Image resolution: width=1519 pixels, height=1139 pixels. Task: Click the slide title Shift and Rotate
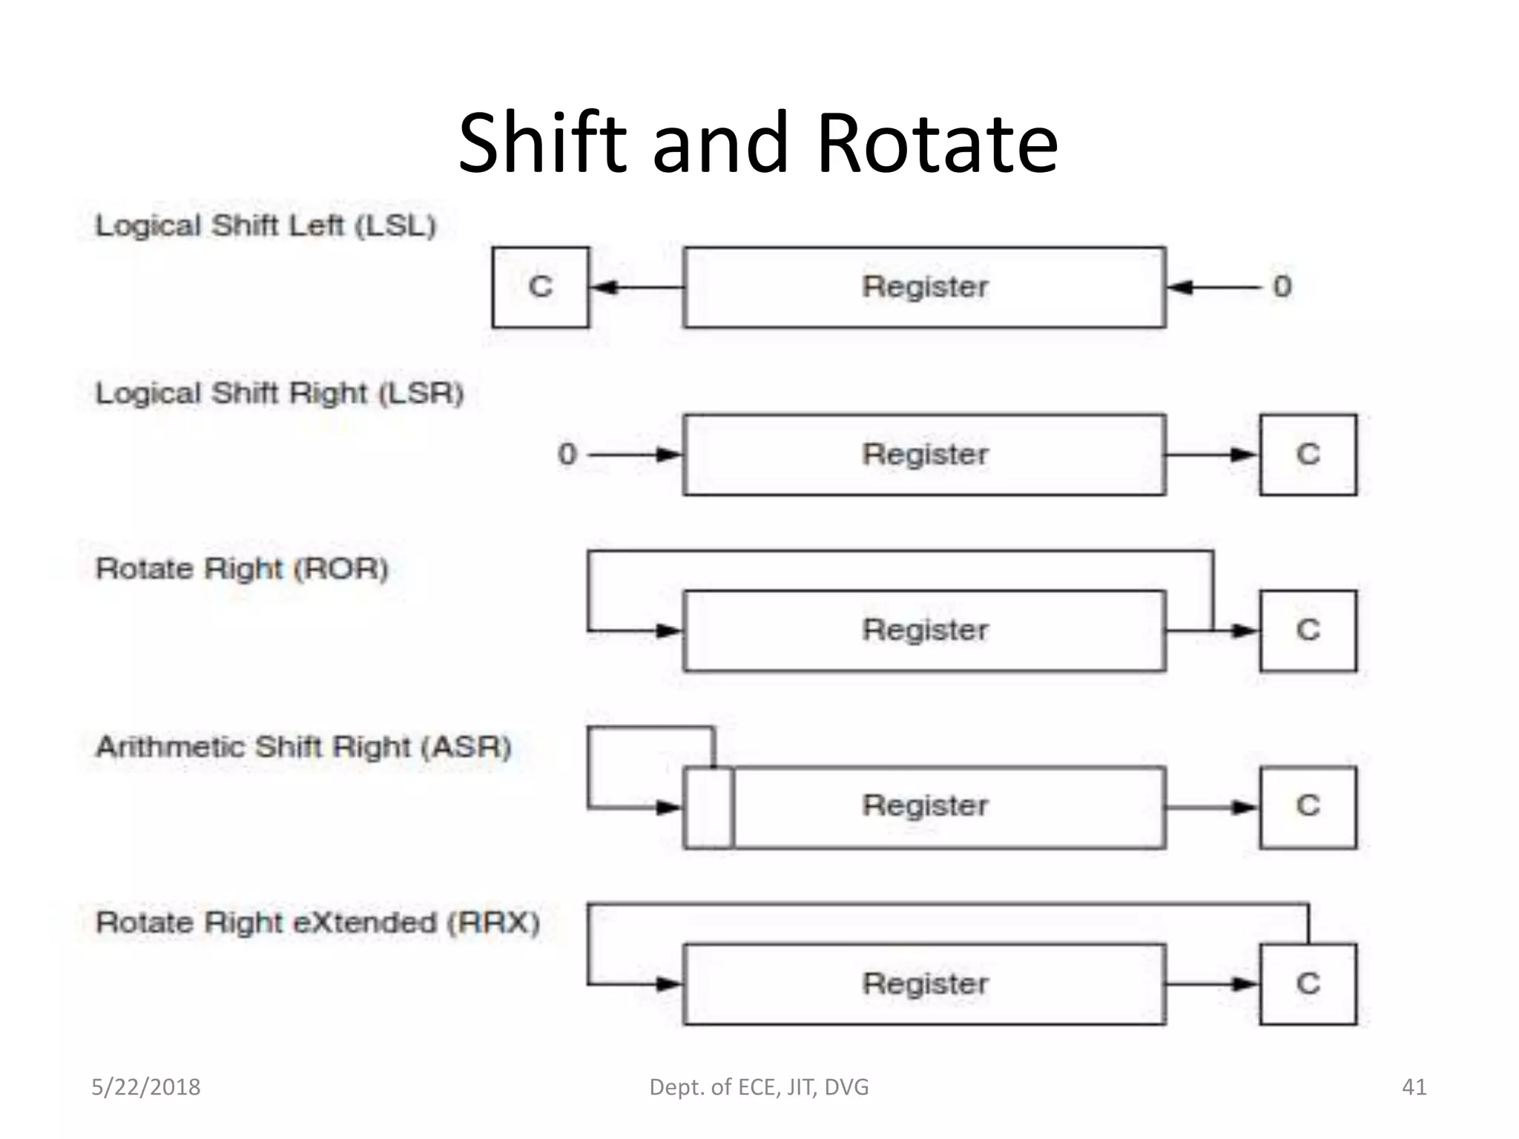point(758,142)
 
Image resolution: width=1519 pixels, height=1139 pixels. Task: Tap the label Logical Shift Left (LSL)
point(266,225)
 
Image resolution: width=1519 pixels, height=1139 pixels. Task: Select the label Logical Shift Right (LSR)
point(280,393)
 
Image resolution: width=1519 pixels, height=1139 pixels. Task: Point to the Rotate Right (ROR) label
point(242,569)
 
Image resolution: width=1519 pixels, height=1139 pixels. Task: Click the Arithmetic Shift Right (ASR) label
point(304,746)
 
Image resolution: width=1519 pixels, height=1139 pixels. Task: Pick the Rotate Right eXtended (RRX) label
point(318,922)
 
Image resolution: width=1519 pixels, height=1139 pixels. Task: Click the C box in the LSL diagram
point(541,287)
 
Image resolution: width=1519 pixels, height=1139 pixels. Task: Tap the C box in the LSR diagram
point(1308,455)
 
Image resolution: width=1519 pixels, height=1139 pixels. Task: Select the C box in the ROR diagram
point(1308,630)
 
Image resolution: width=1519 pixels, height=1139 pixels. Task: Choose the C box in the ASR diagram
point(1308,807)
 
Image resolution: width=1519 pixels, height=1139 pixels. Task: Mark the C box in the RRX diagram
point(1308,984)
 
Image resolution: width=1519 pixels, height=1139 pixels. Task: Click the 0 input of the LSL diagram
point(1282,287)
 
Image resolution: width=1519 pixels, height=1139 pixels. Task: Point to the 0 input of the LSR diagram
point(567,455)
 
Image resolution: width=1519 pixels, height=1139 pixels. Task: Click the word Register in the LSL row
point(925,287)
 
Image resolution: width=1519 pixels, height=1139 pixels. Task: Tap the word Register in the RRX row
point(925,984)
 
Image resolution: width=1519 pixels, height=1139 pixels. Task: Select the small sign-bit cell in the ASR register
point(709,807)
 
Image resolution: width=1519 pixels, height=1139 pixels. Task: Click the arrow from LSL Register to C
point(636,287)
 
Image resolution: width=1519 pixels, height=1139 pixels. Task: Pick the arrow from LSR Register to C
point(1212,455)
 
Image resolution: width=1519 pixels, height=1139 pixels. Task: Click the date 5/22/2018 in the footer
point(146,1087)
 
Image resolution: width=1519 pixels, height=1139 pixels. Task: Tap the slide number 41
point(1414,1087)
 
